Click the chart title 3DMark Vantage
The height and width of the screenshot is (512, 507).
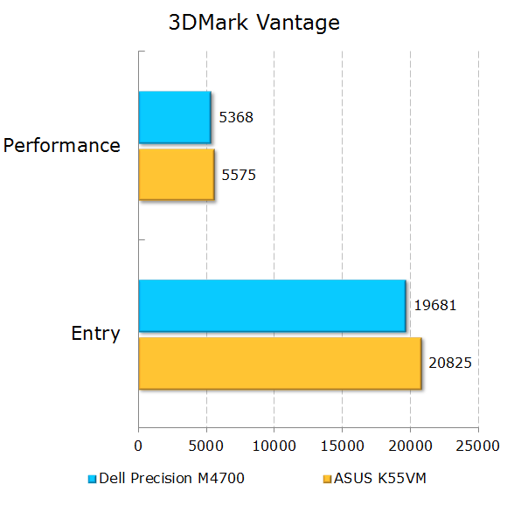(253, 24)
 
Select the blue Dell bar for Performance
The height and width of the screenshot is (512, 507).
(174, 117)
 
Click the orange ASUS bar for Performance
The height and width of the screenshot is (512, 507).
(176, 175)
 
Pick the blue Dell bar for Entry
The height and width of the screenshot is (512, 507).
(271, 306)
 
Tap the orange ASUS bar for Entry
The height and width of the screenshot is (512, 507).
(279, 363)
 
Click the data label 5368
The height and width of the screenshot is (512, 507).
(237, 117)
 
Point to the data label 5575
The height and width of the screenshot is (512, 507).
(239, 175)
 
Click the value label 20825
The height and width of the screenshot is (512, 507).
(449, 362)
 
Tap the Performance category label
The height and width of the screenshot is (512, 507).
(62, 146)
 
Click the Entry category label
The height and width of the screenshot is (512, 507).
(95, 334)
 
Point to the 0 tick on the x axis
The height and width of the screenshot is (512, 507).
(138, 446)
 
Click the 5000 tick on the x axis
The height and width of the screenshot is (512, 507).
(206, 446)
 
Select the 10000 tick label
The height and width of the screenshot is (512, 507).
(274, 446)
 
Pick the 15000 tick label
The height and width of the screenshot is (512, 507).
(342, 446)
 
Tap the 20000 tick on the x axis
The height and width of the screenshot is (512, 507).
(410, 446)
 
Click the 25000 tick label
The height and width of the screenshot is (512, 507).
(477, 446)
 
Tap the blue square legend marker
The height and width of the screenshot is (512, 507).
(92, 479)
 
